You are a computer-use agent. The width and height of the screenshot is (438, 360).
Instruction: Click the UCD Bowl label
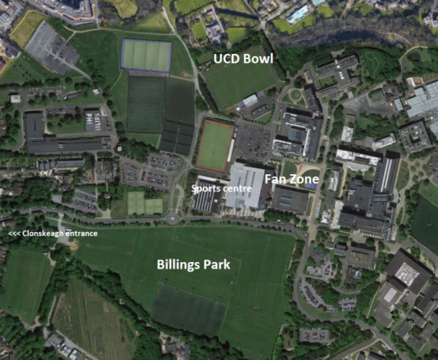(x=243, y=59)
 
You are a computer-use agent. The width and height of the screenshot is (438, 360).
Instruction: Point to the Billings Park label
(x=193, y=264)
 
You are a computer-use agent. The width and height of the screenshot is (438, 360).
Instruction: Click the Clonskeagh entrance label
(x=53, y=234)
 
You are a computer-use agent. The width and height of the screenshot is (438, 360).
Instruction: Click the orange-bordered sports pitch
(x=215, y=146)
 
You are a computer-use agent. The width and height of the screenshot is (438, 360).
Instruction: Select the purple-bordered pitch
(x=146, y=55)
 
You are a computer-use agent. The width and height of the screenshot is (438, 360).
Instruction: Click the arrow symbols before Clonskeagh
(x=14, y=234)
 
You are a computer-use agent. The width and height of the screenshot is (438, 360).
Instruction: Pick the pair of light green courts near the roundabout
(x=145, y=203)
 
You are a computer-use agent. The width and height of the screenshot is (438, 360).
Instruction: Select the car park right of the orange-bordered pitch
(x=253, y=142)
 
